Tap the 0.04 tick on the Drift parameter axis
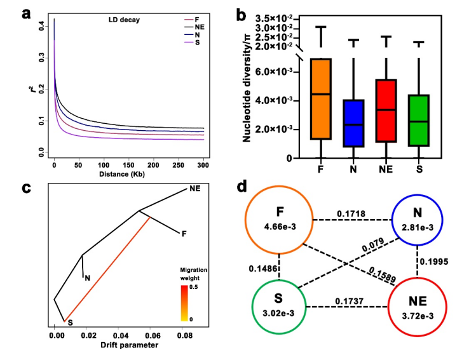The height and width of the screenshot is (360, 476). coord(120,332)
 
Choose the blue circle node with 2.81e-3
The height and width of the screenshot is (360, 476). coord(420,218)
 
